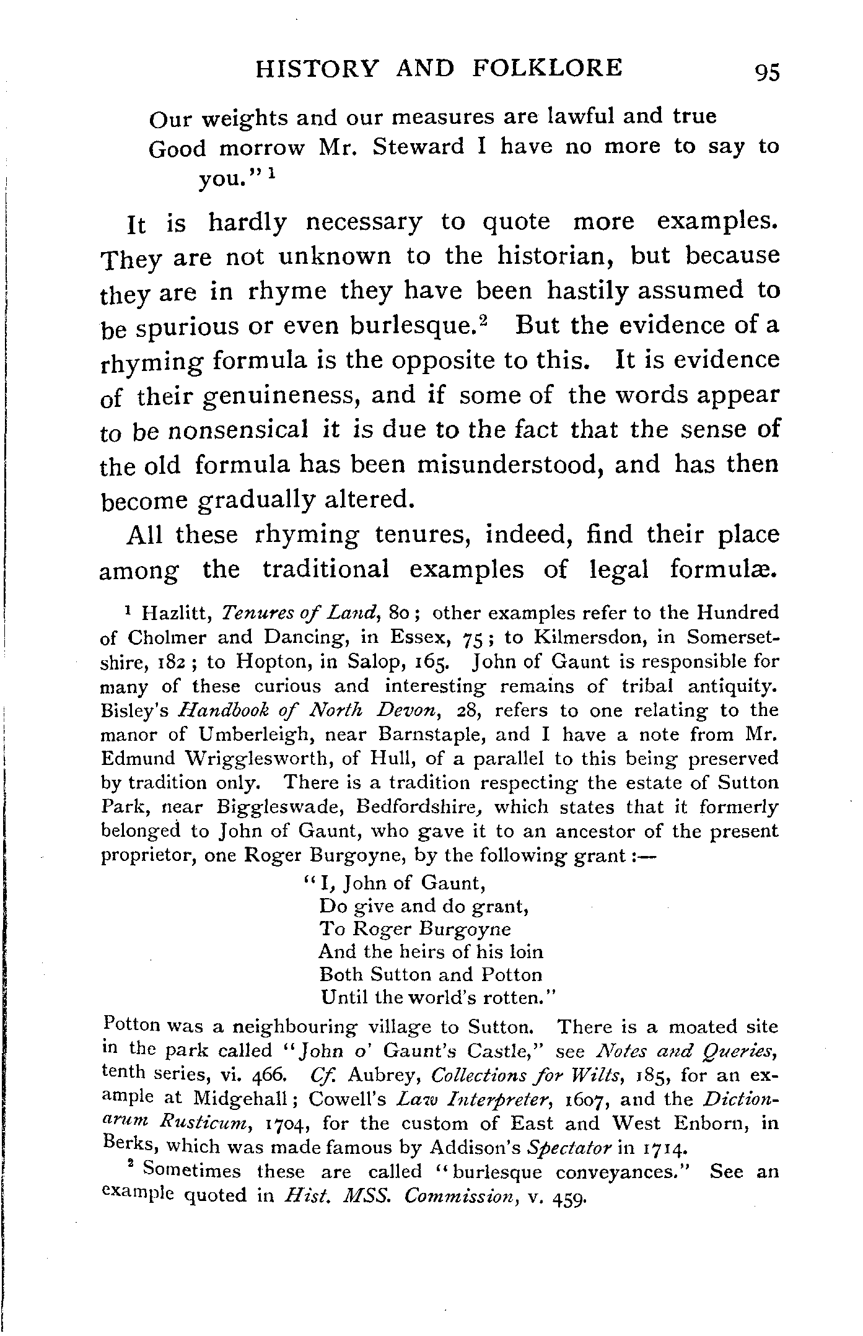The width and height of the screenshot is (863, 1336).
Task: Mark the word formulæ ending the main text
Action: (722, 569)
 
